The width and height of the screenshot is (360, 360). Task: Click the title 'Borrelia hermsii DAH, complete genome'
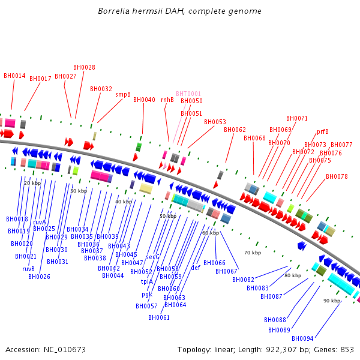click(180, 11)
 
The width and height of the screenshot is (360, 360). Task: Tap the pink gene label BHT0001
click(188, 94)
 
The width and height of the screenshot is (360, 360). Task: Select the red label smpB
click(123, 94)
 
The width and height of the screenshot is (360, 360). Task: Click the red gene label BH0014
click(14, 76)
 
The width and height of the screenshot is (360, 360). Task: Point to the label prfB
click(323, 131)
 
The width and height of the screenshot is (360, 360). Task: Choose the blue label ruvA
click(40, 222)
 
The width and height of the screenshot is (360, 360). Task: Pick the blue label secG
click(153, 257)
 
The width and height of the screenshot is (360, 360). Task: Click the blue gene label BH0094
click(302, 338)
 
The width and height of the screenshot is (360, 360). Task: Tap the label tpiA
click(147, 281)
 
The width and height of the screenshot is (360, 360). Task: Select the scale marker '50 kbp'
click(168, 216)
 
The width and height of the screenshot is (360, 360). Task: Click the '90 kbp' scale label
click(332, 301)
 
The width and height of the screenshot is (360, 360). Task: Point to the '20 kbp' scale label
click(32, 183)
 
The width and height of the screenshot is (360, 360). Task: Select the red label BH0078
click(337, 176)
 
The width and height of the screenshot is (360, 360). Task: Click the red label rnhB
click(167, 100)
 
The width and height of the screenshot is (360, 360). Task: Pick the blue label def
click(196, 268)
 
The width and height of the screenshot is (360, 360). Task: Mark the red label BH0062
click(235, 130)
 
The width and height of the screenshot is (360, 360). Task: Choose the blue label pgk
click(147, 294)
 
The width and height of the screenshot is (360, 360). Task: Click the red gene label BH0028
click(84, 68)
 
